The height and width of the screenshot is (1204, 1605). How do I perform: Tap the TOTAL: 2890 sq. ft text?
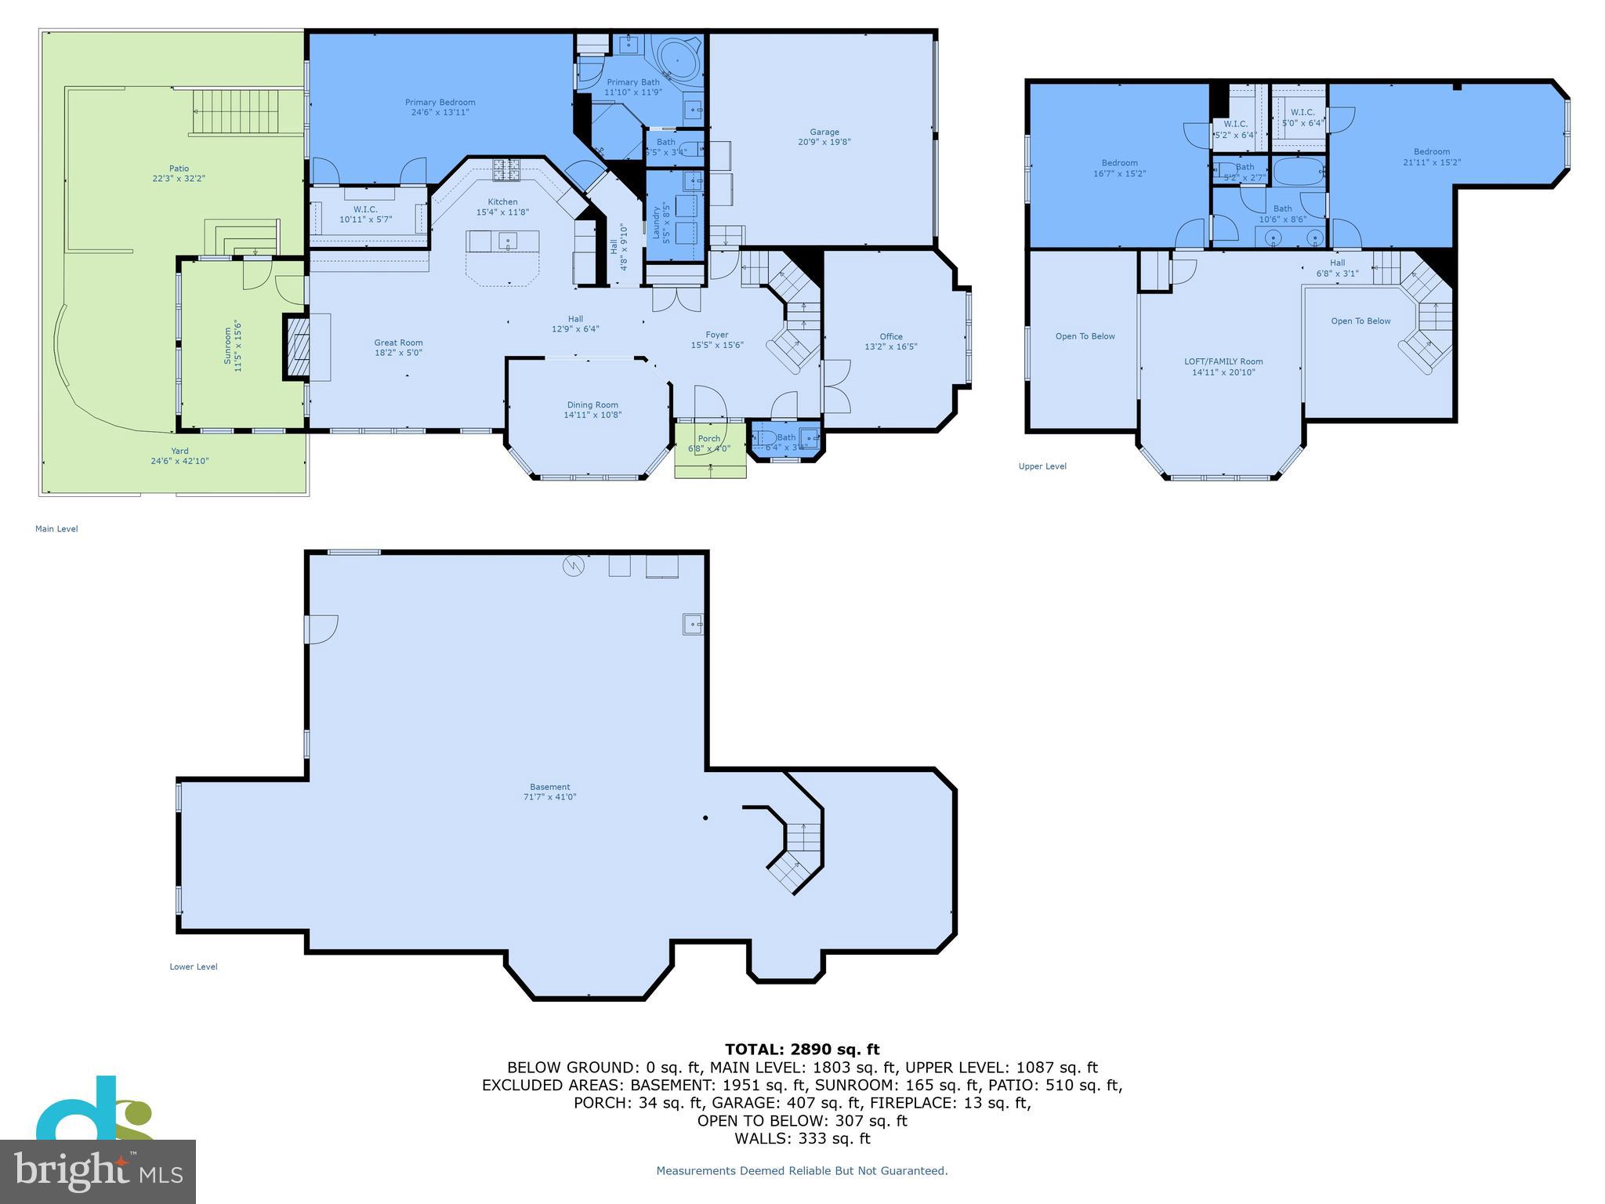802,1050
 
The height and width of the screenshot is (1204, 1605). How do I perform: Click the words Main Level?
56,529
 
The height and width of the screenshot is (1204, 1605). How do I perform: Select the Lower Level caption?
194,966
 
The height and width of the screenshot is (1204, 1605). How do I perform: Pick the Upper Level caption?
1042,466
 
